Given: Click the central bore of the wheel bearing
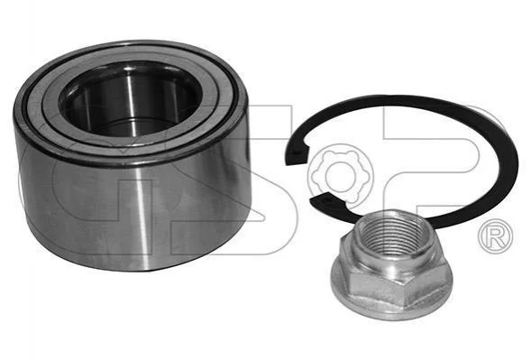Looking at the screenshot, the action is click(x=131, y=99).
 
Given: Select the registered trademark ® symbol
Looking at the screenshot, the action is click(x=497, y=236).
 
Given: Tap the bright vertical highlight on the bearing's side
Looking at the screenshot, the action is click(x=142, y=214).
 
